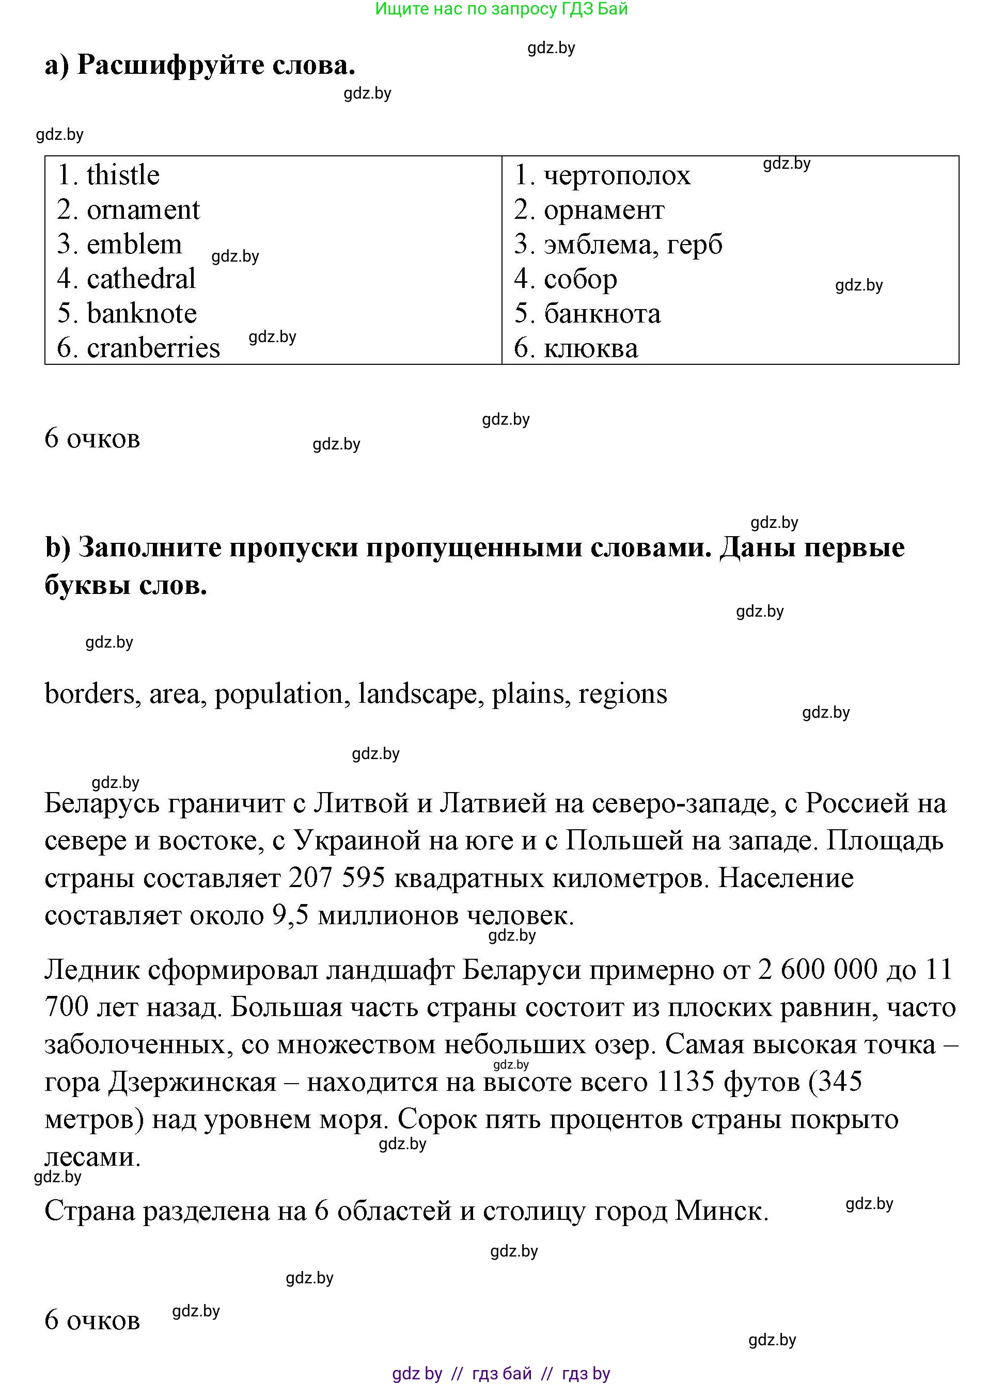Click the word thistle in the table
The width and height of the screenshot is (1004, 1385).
pos(123,175)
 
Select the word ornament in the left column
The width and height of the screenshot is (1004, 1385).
pos(143,210)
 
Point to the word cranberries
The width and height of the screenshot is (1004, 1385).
pos(153,348)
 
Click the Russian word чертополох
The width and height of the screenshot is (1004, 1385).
pos(617,175)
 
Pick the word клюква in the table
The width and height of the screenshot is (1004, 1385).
pos(591,348)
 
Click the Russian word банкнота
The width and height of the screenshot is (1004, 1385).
pos(603,314)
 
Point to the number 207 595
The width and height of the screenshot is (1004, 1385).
pos(337,878)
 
